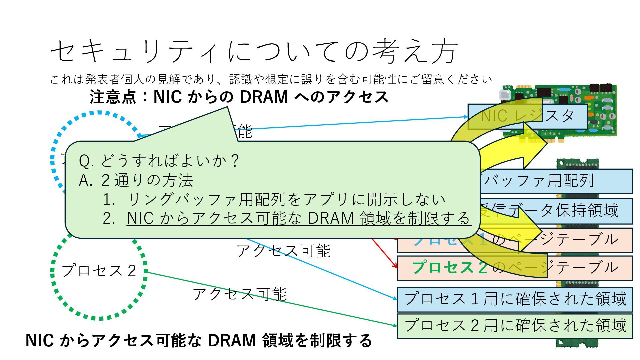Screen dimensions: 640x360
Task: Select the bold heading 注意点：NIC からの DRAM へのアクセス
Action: click(239, 97)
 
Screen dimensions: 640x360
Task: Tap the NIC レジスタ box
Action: click(527, 116)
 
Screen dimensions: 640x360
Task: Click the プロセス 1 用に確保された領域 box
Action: click(515, 299)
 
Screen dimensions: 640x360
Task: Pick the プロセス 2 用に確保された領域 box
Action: click(515, 326)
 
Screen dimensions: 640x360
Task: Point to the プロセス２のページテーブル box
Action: click(515, 268)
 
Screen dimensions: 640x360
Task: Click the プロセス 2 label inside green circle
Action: click(99, 270)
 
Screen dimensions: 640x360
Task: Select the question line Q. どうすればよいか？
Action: click(159, 161)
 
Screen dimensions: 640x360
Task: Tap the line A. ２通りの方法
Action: click(136, 180)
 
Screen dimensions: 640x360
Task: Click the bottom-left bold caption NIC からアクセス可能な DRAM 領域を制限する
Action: click(199, 341)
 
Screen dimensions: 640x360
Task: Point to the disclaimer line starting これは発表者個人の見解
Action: click(271, 79)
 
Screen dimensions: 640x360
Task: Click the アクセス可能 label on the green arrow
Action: click(239, 294)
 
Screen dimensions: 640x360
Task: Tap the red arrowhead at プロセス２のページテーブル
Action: click(396, 266)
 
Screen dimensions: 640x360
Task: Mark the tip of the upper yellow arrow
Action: click(547, 143)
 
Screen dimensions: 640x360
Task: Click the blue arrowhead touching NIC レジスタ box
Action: click(466, 117)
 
